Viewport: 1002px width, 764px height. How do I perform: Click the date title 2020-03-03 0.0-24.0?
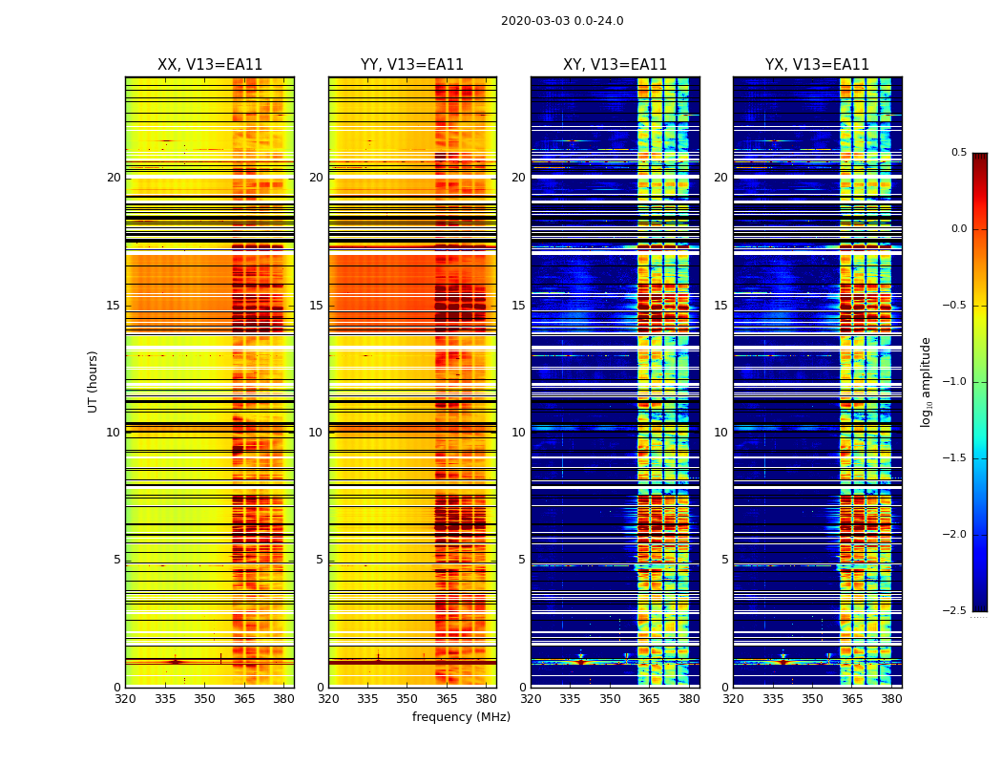(562, 21)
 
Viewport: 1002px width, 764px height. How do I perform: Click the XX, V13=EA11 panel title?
(210, 65)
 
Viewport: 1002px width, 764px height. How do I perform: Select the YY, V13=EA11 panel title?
(412, 65)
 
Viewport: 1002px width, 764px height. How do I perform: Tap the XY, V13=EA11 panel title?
(615, 65)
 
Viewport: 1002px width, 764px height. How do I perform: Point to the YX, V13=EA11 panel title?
(817, 65)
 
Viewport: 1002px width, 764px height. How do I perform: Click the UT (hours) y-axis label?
(94, 381)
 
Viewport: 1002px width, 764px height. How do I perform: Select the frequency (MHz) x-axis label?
(461, 717)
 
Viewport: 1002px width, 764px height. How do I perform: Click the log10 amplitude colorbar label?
(926, 381)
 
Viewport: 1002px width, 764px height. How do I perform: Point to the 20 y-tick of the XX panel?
(114, 178)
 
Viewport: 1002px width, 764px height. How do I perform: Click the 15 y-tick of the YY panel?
(316, 306)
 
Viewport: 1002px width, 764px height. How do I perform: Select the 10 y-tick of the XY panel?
(518, 433)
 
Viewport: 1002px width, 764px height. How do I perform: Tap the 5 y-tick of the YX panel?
(724, 560)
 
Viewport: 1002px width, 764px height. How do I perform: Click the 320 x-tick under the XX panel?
(125, 699)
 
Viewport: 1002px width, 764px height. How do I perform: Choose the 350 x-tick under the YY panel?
(407, 699)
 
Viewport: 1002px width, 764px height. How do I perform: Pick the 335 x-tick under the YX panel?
(773, 699)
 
